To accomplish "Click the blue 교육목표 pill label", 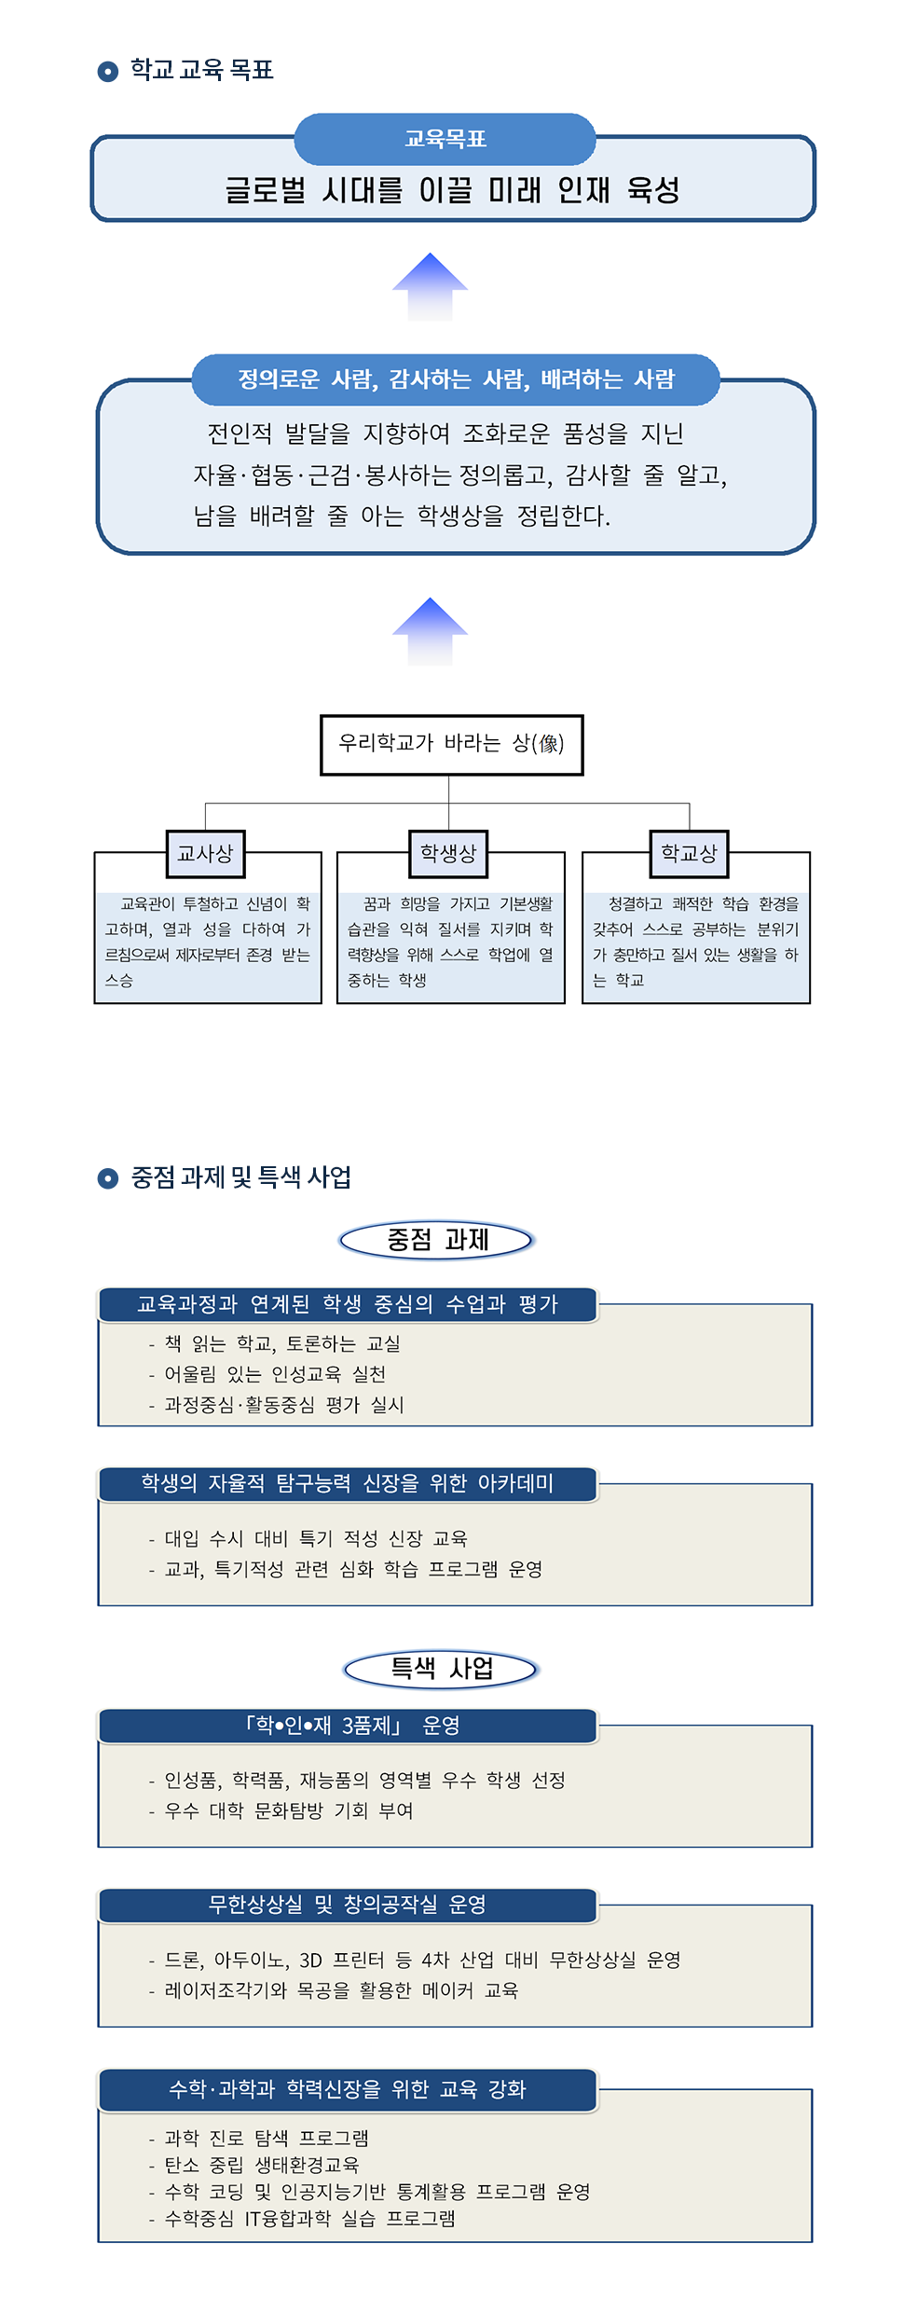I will (445, 139).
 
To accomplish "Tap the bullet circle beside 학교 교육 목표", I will (108, 71).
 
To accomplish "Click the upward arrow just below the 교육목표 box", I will (430, 286).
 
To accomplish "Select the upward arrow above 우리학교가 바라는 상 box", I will (430, 630).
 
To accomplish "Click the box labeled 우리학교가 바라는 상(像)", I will (451, 744).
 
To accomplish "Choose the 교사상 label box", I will (205, 853).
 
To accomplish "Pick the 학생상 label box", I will (448, 853).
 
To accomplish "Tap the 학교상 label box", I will (689, 853).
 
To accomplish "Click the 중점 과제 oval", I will (437, 1240).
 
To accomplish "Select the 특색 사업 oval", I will (441, 1668).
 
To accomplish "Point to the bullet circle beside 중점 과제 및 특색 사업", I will (108, 1178).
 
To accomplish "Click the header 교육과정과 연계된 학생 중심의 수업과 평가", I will (348, 1304).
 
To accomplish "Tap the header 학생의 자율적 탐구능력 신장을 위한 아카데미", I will (348, 1483).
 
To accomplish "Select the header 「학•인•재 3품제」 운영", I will (348, 1726).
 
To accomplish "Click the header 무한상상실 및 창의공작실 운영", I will (348, 1905).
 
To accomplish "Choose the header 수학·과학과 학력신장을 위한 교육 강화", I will (348, 2089).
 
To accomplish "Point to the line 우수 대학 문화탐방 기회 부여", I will (288, 1810).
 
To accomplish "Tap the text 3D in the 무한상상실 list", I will (310, 1960).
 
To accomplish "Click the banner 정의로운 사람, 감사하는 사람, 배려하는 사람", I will (456, 379).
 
